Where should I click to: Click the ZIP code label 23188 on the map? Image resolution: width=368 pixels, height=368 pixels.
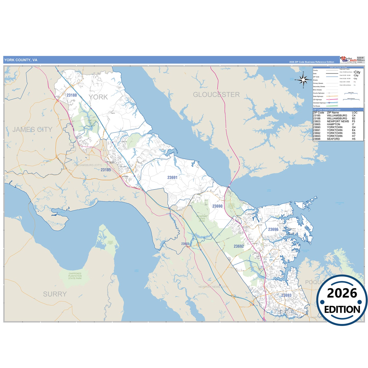(72, 95)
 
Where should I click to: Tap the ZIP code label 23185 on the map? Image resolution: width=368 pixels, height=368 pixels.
(106, 170)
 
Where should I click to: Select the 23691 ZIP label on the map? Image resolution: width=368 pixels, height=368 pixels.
(172, 178)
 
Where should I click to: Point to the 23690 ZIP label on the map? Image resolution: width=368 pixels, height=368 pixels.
(217, 206)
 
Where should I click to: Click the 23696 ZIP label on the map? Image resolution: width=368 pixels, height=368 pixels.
(273, 229)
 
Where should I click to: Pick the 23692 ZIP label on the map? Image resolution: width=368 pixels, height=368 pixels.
(239, 246)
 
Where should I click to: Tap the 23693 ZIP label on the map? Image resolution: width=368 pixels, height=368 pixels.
(286, 295)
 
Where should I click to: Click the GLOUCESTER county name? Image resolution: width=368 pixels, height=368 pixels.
(216, 95)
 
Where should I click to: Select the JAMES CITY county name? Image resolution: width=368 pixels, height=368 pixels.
(32, 130)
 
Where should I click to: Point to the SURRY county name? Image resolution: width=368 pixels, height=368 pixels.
(55, 294)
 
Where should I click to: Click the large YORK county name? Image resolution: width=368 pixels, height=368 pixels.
(98, 97)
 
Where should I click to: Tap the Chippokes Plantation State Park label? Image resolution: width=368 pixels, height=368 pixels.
(75, 276)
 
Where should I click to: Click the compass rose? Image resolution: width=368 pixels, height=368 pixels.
(303, 80)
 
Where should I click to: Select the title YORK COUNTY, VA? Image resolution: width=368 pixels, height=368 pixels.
(21, 60)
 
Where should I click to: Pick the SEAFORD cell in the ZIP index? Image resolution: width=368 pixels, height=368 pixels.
(333, 139)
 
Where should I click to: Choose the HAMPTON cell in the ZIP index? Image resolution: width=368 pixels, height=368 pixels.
(333, 124)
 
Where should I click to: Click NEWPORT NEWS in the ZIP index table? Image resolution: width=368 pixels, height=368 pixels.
(338, 121)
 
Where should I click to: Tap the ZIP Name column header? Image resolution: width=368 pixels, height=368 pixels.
(333, 113)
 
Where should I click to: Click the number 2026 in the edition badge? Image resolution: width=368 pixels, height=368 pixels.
(342, 293)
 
